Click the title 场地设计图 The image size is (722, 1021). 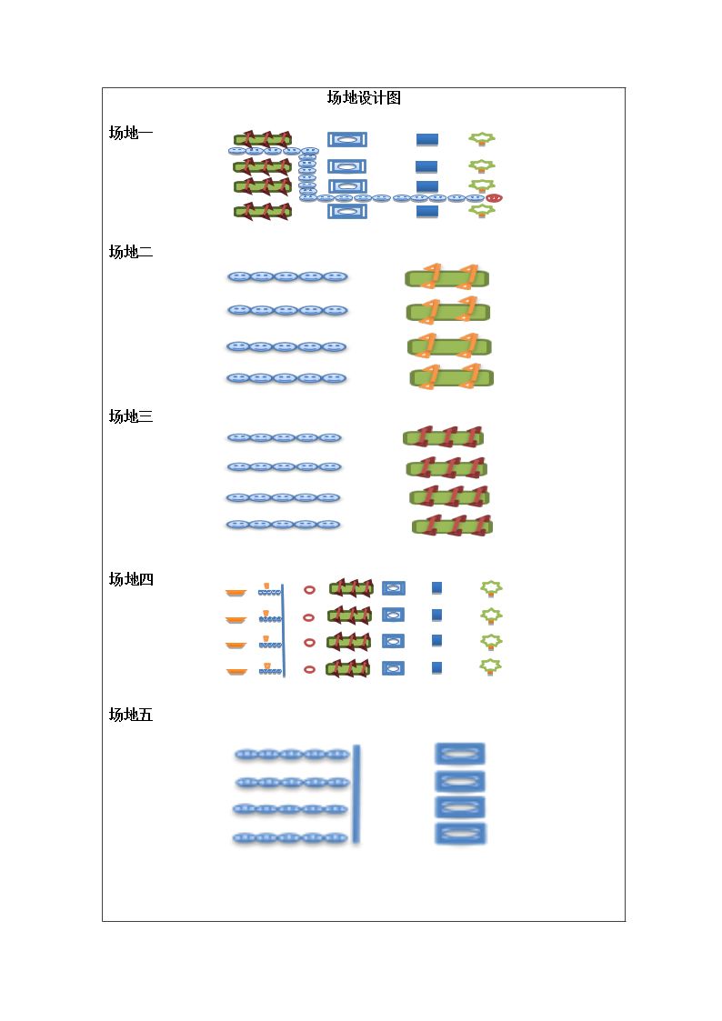pos(364,97)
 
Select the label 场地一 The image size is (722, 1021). pos(131,133)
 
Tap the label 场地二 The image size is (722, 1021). pos(131,252)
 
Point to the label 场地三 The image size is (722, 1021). pos(131,416)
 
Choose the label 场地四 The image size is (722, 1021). pos(131,579)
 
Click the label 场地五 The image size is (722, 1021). pos(131,715)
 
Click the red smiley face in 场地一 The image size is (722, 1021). pos(494,198)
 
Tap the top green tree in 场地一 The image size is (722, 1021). pos(482,139)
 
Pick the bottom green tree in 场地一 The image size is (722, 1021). pos(482,210)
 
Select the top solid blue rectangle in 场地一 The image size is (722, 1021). pos(427,139)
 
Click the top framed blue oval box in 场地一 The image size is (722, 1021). pos(347,139)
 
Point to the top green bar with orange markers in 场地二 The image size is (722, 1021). pos(446,277)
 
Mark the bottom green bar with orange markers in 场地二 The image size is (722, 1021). pos(452,377)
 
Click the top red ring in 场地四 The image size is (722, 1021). pos(309,589)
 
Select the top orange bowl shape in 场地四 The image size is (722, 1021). pos(236,593)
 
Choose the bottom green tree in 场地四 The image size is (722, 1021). pos(491,666)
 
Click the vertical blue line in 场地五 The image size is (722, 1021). pos(356,795)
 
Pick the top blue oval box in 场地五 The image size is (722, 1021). pos(459,754)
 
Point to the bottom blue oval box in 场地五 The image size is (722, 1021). pos(459,834)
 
